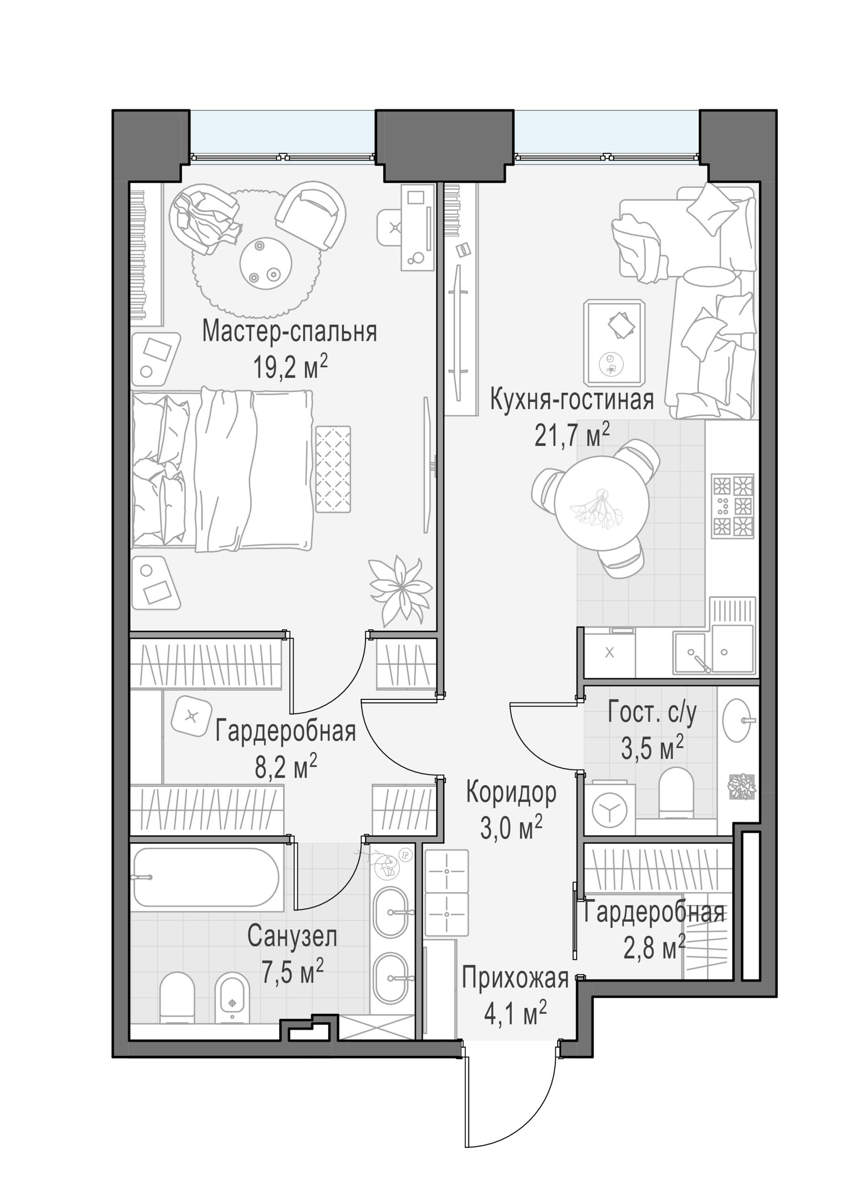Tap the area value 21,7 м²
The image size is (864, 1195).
572,436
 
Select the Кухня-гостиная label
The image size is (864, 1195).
572,400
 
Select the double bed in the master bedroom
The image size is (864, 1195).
222,470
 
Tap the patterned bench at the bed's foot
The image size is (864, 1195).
333,469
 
